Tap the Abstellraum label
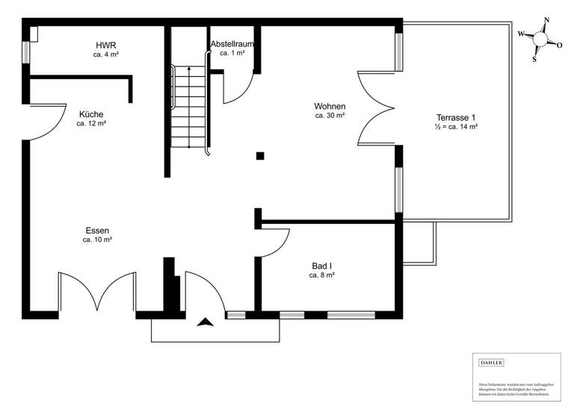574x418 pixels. pos(232,43)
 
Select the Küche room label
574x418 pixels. pos(91,113)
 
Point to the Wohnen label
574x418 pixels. pos(330,106)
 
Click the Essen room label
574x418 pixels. pos(97,230)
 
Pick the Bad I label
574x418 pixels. pos(321,265)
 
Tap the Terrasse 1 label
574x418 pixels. pos(456,117)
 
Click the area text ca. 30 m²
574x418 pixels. pos(330,116)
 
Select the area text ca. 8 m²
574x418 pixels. pos(321,275)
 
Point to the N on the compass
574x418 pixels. pos(547,20)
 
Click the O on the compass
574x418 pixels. pos(559,45)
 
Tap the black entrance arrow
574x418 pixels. pos(205,322)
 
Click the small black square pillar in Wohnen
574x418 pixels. pos(259,156)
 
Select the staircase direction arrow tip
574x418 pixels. pos(189,68)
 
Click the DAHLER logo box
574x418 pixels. pos(491,363)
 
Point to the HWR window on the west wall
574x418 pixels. pos(25,52)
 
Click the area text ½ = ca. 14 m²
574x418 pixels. pos(456,128)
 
